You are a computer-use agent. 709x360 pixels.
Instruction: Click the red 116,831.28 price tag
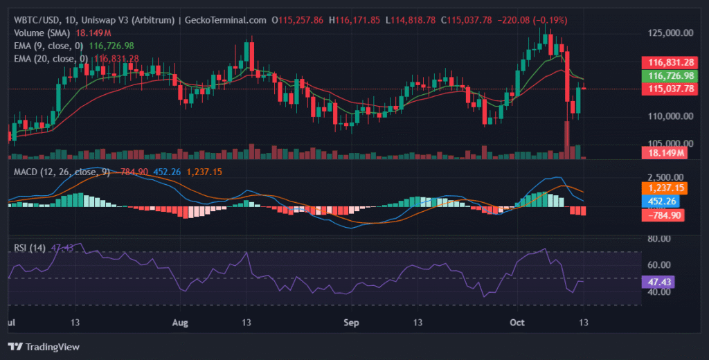[667, 62]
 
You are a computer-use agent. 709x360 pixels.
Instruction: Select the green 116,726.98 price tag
[667, 75]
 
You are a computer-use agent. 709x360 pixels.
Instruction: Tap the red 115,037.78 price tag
[667, 89]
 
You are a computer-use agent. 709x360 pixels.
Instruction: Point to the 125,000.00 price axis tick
[668, 33]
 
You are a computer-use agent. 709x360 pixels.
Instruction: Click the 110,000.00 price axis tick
[668, 116]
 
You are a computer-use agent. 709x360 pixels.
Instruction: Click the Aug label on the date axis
[180, 323]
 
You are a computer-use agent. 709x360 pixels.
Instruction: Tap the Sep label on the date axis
[352, 323]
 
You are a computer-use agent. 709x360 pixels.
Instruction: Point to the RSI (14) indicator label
[30, 247]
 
